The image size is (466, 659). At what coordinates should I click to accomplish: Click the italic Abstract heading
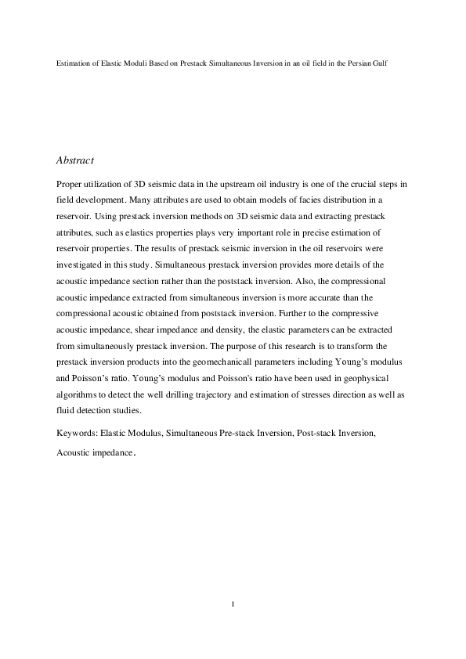pos(75,160)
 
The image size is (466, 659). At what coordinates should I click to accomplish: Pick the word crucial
pos(355,183)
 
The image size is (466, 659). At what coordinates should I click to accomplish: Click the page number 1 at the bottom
pos(233,603)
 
